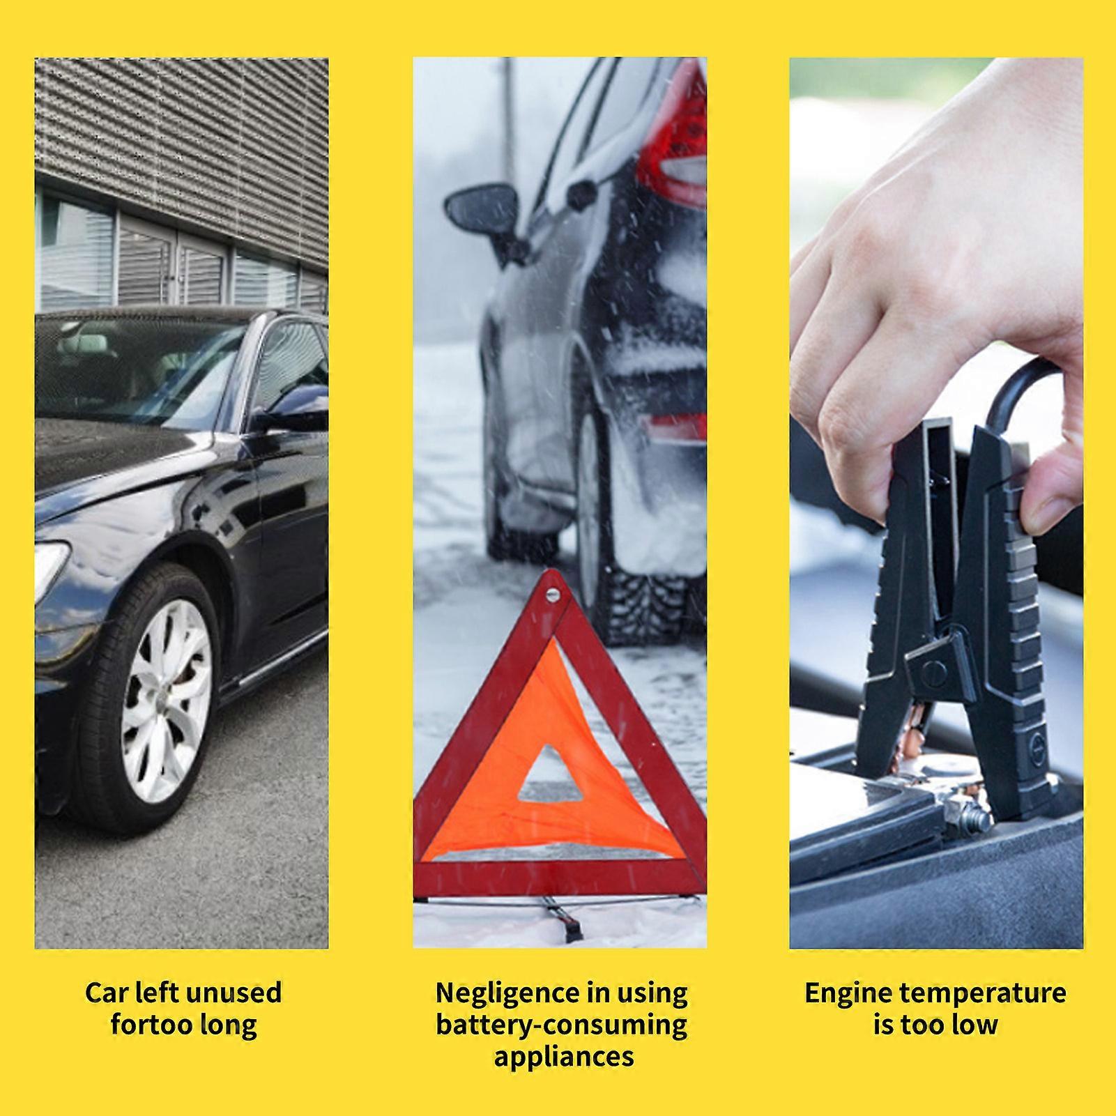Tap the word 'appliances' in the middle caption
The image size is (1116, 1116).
click(x=563, y=1056)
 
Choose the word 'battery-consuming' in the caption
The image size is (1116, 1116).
click(x=562, y=1025)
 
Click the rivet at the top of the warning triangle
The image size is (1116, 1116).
click(x=553, y=594)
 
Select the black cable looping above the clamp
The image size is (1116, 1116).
click(x=1025, y=380)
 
